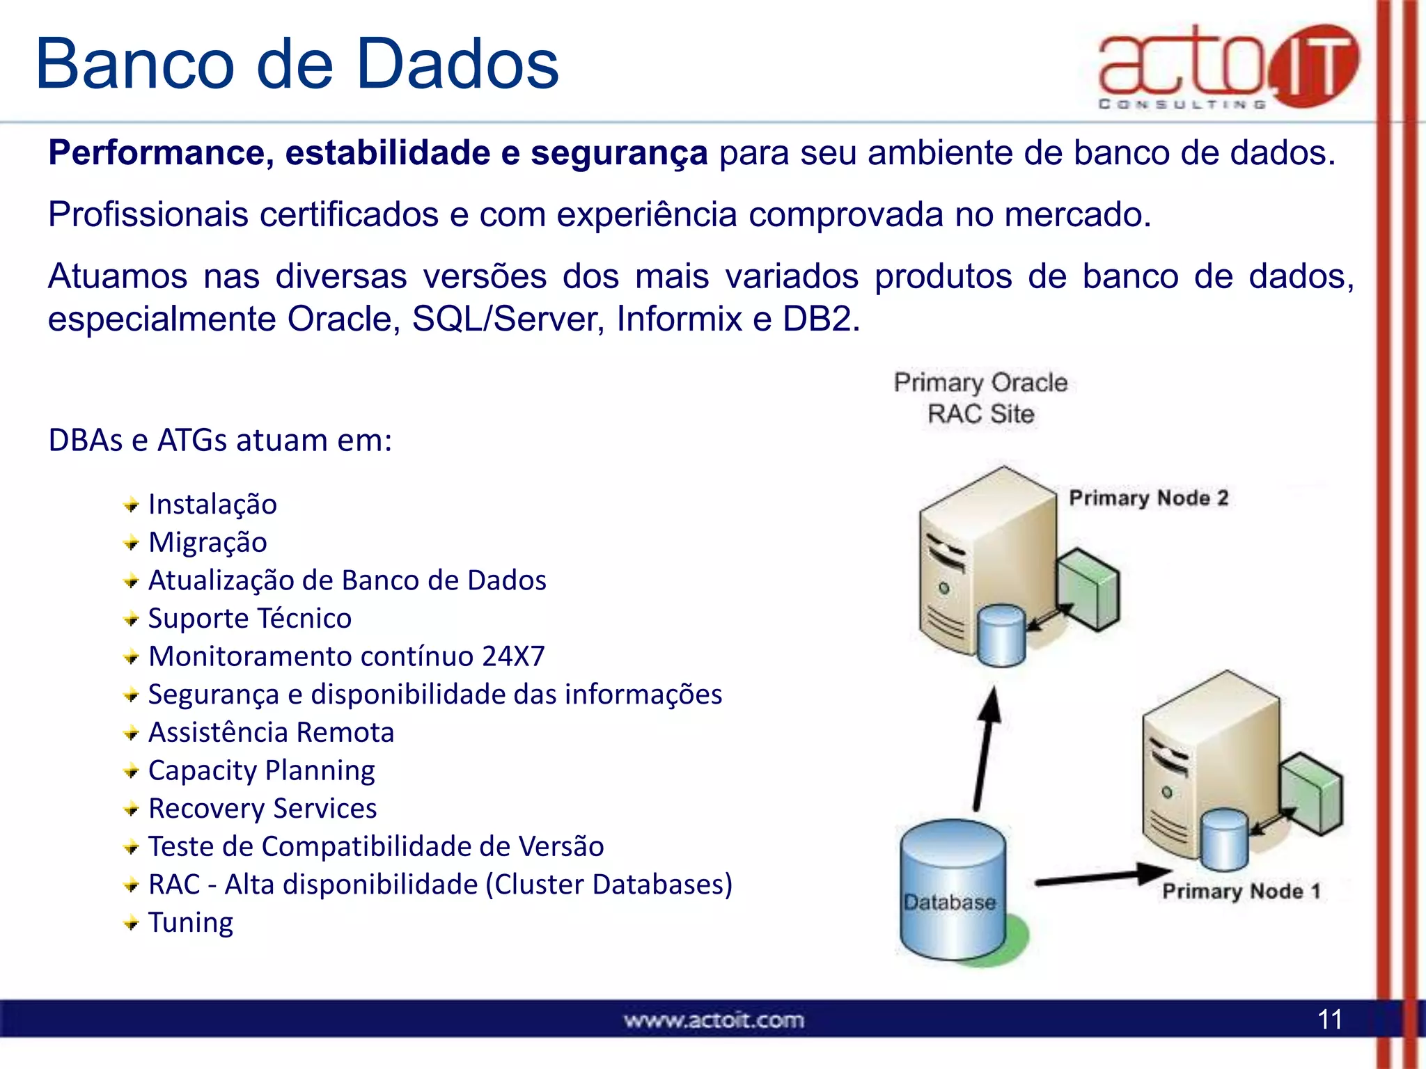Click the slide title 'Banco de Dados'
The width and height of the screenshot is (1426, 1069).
[x=297, y=64]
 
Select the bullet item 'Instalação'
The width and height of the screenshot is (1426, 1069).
[x=212, y=504]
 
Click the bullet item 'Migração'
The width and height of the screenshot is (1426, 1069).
[x=207, y=542]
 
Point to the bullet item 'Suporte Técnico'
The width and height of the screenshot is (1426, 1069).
[x=249, y=618]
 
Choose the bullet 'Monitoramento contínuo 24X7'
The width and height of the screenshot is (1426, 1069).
[x=346, y=656]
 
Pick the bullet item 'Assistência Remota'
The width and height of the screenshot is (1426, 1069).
[x=271, y=732]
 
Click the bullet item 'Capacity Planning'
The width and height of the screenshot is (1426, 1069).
[x=261, y=770]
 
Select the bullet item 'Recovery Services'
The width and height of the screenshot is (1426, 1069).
[x=263, y=809]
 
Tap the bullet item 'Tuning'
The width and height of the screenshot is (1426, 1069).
[x=190, y=923]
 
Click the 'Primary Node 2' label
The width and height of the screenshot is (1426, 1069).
[x=1148, y=498]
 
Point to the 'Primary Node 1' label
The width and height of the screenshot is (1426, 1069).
[x=1241, y=891]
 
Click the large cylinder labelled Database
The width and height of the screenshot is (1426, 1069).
[x=952, y=891]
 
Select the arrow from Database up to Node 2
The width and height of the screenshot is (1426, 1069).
[x=986, y=748]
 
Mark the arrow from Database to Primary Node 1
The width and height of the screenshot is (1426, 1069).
[x=1100, y=877]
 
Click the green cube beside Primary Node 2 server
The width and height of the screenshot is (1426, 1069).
[x=1088, y=589]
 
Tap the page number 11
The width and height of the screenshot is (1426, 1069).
[x=1329, y=1020]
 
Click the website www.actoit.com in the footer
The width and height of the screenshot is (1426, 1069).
[x=714, y=1020]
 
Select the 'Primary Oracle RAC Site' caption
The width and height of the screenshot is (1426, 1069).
[x=980, y=398]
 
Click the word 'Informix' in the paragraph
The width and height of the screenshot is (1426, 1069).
[x=679, y=319]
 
